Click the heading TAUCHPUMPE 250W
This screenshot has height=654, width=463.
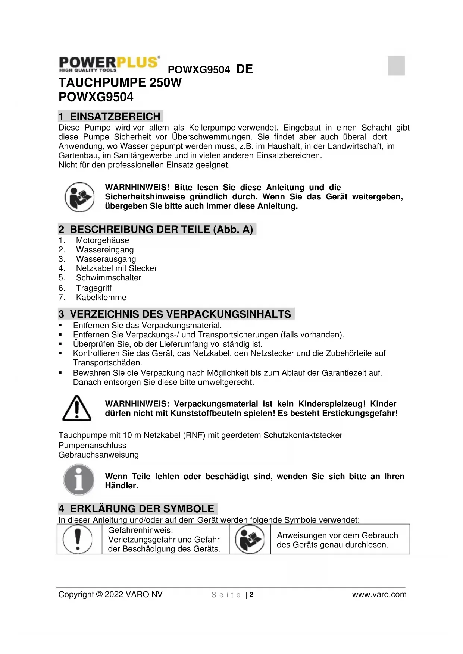[x=120, y=82]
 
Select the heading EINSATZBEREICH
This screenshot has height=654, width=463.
[x=115, y=116]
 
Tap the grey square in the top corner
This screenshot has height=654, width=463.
[x=396, y=66]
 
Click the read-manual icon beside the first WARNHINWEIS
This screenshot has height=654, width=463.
[x=79, y=197]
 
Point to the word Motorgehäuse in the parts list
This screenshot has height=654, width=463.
[x=103, y=240]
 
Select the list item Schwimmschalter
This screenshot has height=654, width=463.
[x=109, y=278]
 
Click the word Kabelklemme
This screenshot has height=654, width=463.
[x=101, y=298]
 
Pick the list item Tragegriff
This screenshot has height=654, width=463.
[x=94, y=288]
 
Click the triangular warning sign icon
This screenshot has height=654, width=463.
[x=76, y=408]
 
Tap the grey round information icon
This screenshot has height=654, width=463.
[x=79, y=480]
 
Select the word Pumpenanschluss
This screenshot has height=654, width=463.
[x=92, y=446]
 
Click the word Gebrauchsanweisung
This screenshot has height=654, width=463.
[x=98, y=455]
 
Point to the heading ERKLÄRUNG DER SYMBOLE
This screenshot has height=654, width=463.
[x=142, y=509]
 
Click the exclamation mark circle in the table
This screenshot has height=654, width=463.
[x=78, y=539]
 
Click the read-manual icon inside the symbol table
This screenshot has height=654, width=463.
[x=250, y=539]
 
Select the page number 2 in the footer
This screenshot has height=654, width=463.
[x=251, y=595]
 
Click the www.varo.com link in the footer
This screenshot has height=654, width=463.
[x=379, y=595]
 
